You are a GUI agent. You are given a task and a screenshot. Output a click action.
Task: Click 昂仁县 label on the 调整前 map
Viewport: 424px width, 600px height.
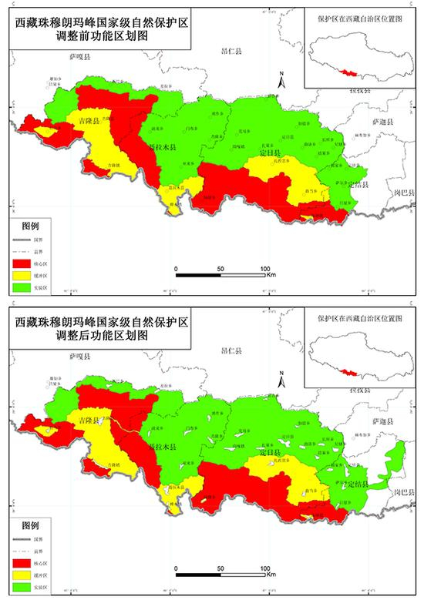[x=231, y=51]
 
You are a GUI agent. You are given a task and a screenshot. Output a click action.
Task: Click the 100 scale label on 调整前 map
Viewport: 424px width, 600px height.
[x=266, y=268]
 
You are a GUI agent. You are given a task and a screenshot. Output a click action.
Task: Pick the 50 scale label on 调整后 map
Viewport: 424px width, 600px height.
[x=221, y=568]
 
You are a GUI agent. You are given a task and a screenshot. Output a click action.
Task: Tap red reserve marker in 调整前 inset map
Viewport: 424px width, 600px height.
[x=352, y=73]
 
